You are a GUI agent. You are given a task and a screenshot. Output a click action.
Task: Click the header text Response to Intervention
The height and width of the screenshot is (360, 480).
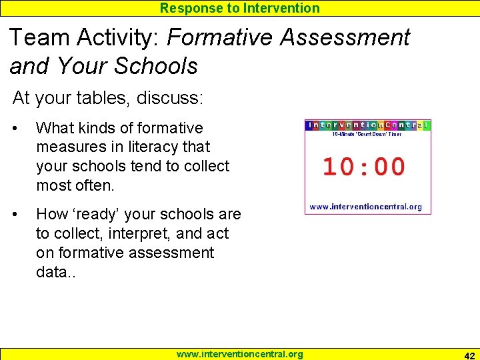click(x=239, y=8)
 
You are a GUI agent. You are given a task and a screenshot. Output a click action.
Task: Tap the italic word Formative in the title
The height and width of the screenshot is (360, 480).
click(x=220, y=37)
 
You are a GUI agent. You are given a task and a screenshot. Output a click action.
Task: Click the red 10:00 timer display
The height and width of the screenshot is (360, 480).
click(x=364, y=167)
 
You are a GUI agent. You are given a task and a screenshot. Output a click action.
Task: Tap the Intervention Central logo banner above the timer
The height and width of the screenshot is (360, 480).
click(x=368, y=125)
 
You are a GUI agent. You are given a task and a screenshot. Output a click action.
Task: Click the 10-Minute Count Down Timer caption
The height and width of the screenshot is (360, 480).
click(x=367, y=134)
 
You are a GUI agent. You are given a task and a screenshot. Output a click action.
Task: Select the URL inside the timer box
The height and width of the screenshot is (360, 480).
click(x=366, y=207)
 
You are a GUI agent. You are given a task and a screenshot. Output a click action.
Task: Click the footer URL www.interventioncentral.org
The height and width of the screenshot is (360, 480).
click(x=239, y=354)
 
